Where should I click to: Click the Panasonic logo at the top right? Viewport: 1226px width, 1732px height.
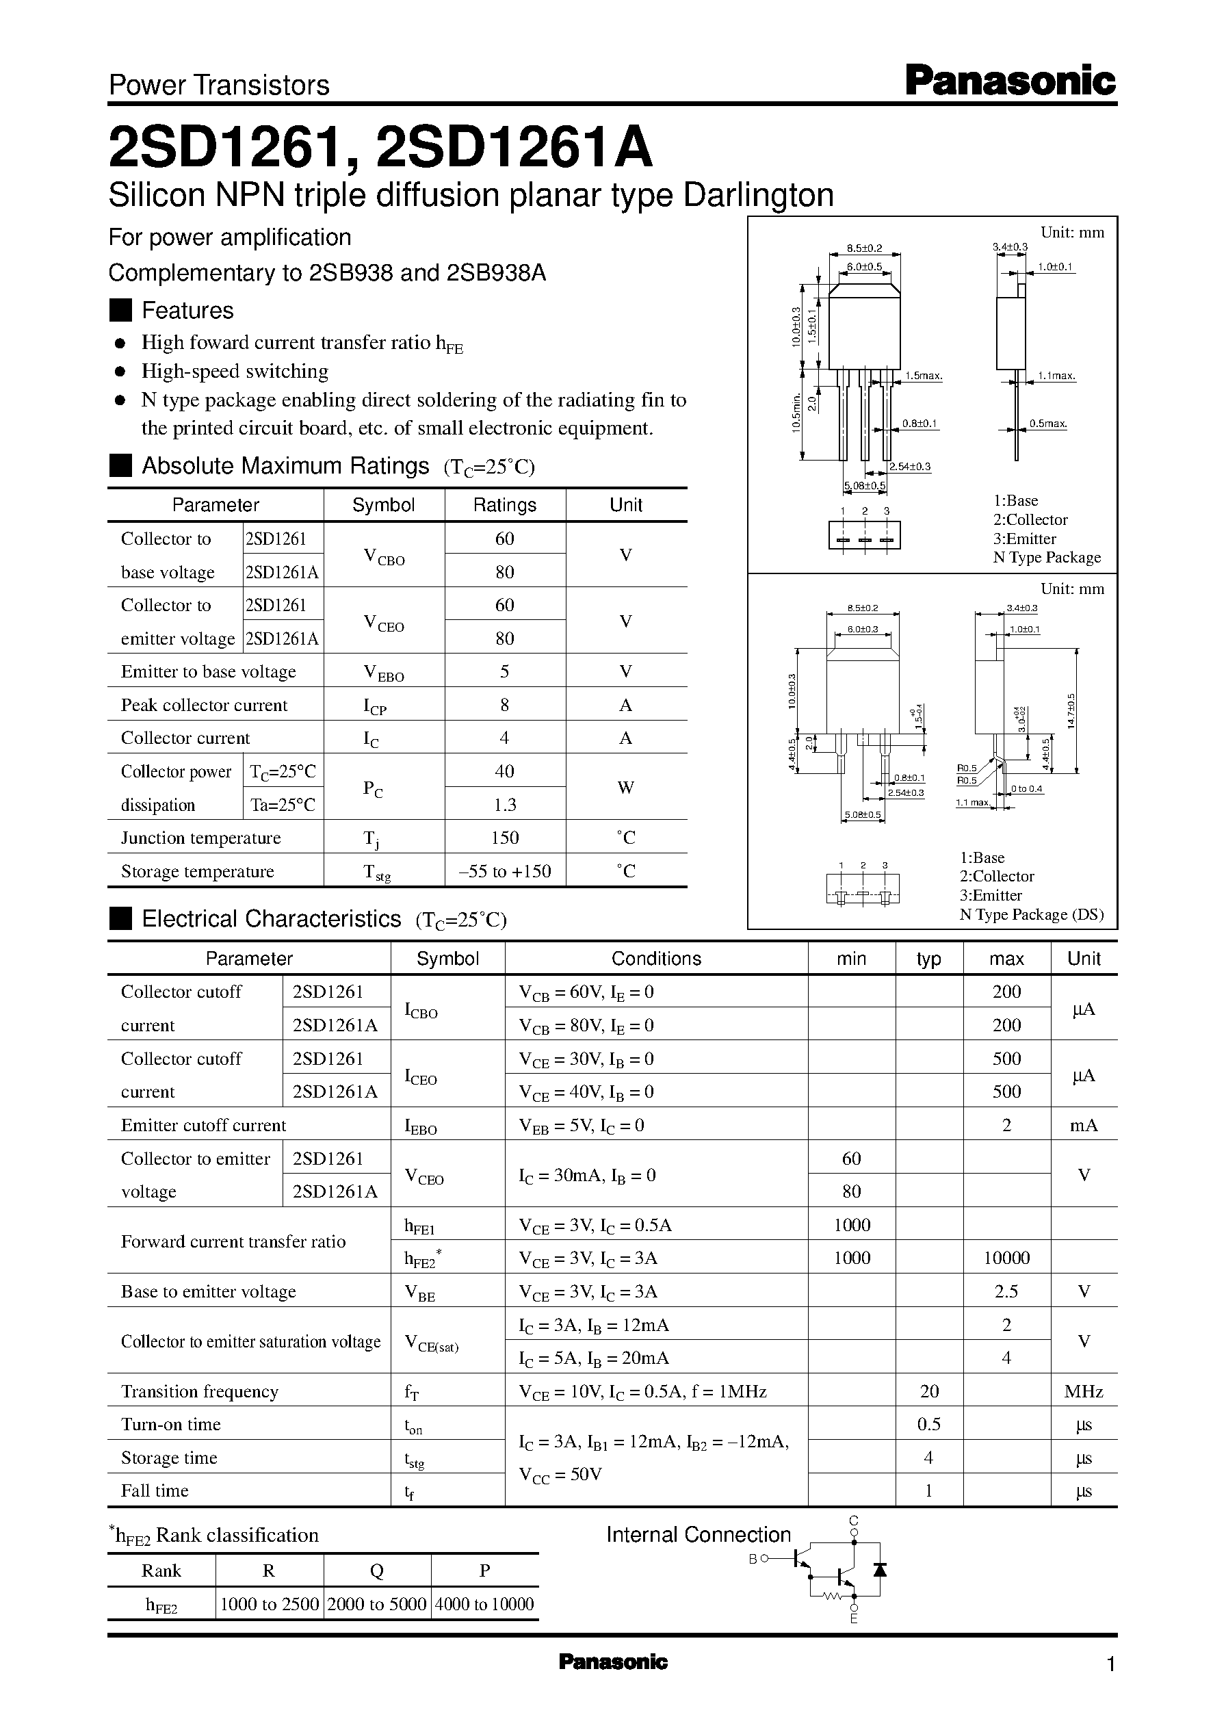(x=1009, y=81)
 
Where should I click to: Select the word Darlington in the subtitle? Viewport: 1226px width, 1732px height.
(x=758, y=196)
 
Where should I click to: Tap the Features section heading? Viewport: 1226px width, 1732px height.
(x=187, y=310)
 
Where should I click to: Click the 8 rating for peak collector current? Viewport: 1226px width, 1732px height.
(x=504, y=705)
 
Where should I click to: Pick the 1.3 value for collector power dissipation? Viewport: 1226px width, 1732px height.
(x=504, y=805)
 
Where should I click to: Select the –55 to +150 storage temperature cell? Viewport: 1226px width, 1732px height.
(x=504, y=871)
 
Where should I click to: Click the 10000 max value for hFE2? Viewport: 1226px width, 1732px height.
(x=1006, y=1258)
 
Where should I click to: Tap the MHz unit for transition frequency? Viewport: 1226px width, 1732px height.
(x=1083, y=1391)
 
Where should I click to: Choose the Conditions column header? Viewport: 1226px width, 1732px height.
(x=656, y=958)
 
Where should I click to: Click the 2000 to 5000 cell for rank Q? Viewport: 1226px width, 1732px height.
(x=377, y=1603)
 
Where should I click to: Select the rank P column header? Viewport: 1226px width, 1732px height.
(x=484, y=1571)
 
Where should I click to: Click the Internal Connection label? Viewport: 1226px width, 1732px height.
(x=699, y=1534)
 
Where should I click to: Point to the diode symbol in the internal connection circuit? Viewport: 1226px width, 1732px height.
(x=878, y=1569)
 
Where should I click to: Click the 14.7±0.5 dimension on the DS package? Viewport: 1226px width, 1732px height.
(x=1071, y=711)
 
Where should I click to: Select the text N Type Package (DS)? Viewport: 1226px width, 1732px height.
(x=1031, y=914)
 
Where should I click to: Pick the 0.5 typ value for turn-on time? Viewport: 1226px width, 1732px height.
(x=928, y=1424)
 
